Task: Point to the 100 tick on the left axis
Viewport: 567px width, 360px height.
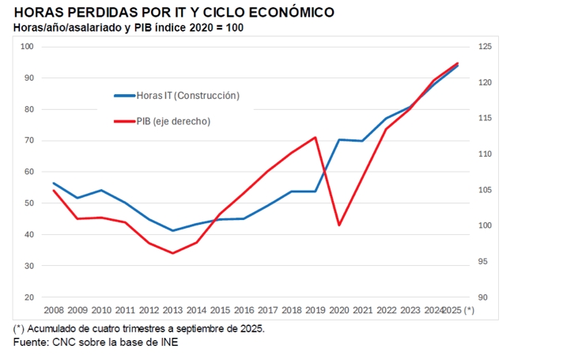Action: pos(28,47)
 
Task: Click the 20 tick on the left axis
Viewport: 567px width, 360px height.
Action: pos(29,297)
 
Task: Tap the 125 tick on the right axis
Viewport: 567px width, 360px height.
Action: pos(485,47)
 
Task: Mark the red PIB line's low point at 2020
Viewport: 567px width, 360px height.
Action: pos(339,225)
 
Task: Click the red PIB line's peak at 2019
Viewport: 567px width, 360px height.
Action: pos(316,138)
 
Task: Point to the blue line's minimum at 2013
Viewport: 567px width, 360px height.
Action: pos(172,231)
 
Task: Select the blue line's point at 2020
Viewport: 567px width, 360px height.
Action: pos(339,140)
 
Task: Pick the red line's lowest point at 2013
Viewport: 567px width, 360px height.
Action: pos(172,253)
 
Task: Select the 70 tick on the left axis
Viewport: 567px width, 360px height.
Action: pos(29,141)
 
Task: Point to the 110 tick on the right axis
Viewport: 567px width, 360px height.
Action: pos(485,154)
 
